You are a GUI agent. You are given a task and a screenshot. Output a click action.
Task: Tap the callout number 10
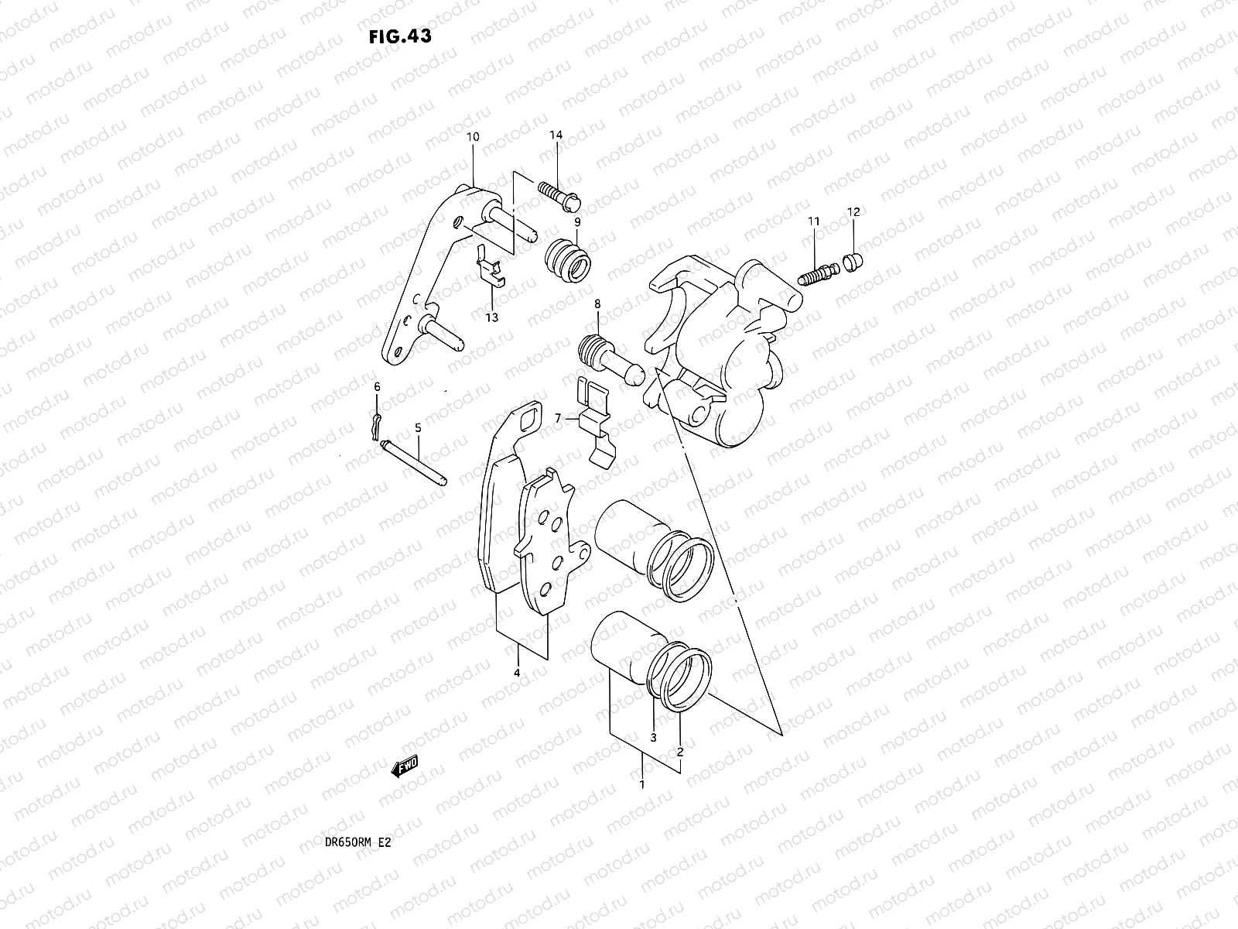[473, 137]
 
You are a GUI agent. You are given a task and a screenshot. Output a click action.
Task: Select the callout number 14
[556, 135]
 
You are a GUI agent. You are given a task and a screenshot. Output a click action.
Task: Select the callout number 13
[492, 317]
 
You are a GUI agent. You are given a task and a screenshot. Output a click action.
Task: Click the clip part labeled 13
[489, 268]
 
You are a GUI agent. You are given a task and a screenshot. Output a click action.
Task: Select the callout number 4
[517, 674]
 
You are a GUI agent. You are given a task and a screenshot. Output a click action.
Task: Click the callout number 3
[653, 737]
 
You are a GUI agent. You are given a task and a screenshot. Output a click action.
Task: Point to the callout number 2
[679, 751]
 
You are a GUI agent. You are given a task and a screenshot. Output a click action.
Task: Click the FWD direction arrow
[405, 766]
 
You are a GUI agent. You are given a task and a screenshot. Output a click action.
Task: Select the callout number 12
[853, 212]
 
